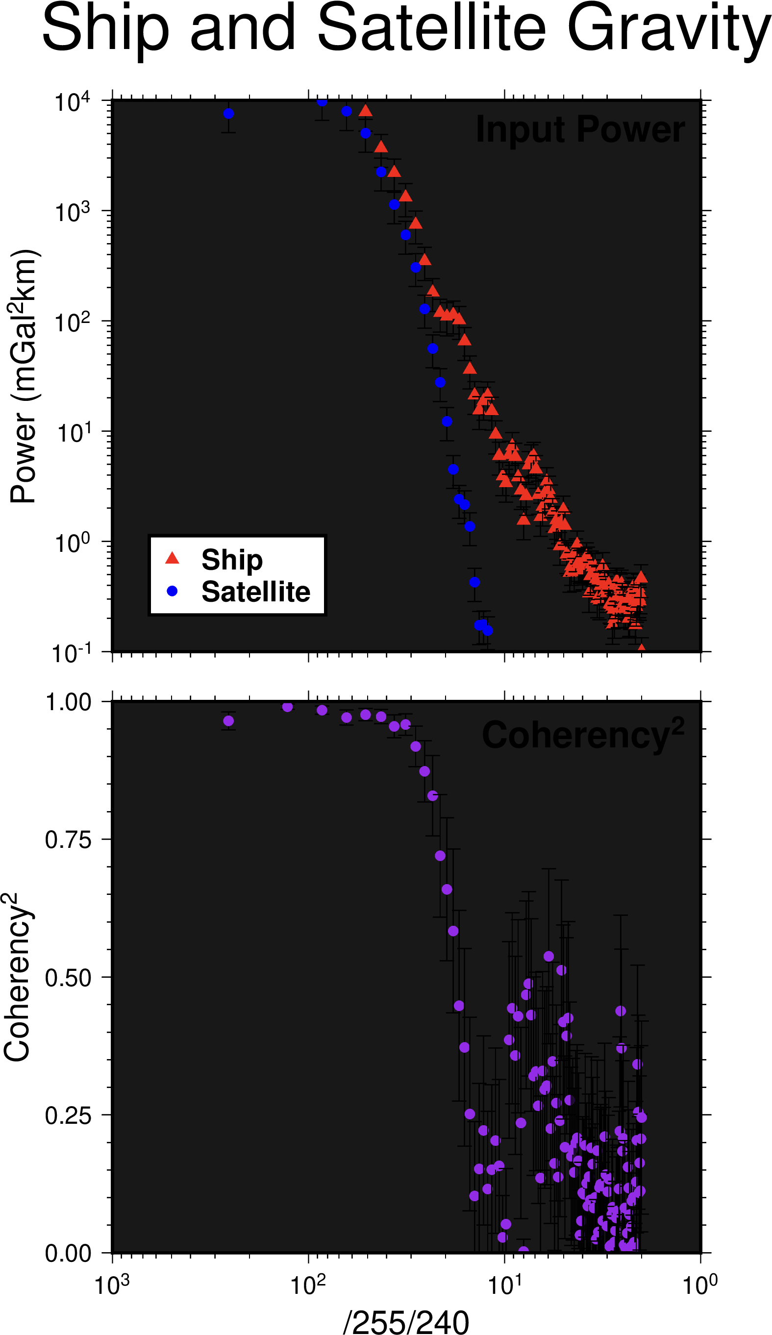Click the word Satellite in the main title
pyautogui.click(x=431, y=27)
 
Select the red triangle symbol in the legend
pyautogui.click(x=172, y=558)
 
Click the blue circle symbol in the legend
pyautogui.click(x=172, y=591)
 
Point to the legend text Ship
pyautogui.click(x=232, y=560)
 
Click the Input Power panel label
pyautogui.click(x=580, y=130)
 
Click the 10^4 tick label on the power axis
pyautogui.click(x=73, y=102)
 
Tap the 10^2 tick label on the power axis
pyautogui.click(x=73, y=322)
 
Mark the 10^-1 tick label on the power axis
pyautogui.click(x=72, y=654)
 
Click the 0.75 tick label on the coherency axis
pyautogui.click(x=68, y=840)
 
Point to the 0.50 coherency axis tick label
pyautogui.click(x=68, y=978)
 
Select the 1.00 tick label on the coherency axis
pyautogui.click(x=68, y=702)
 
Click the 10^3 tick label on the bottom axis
pyautogui.click(x=112, y=1285)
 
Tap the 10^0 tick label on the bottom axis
pyautogui.click(x=700, y=1285)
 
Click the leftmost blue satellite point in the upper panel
pyautogui.click(x=228, y=113)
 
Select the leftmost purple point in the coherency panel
pyautogui.click(x=228, y=721)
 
